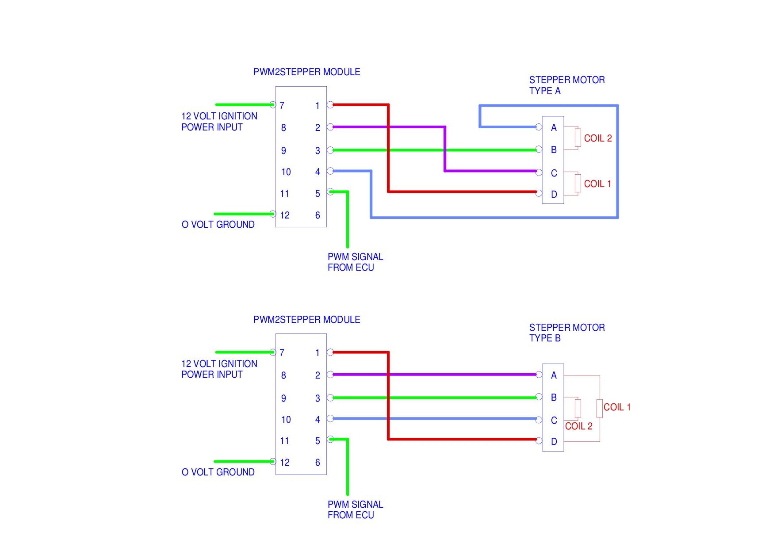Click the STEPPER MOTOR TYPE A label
567,85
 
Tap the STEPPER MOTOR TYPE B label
567,333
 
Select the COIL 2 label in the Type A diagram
598,138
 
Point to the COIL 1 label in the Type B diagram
617,407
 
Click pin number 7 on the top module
282,105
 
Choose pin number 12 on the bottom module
285,463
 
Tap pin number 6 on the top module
318,215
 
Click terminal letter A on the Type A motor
554,128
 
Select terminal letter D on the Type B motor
554,442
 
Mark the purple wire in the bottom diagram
434,375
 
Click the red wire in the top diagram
388,148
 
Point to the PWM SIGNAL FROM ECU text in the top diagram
355,262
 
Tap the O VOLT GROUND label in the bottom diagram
218,472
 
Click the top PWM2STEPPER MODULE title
306,72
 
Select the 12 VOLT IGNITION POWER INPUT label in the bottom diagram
219,369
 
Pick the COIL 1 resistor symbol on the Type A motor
578,183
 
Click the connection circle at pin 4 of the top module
330,171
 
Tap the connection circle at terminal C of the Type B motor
539,419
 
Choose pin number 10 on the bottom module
286,420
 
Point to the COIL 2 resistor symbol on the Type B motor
578,408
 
